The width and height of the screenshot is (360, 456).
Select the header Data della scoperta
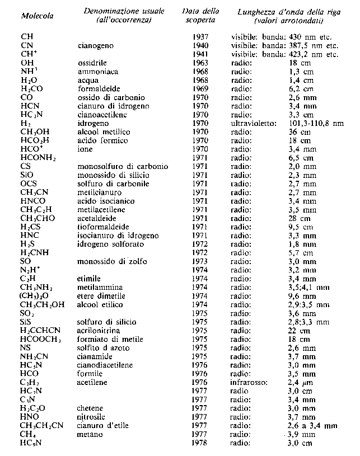[201, 16]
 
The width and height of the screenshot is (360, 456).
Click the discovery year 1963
[200, 63]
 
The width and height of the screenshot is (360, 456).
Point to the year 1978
[200, 443]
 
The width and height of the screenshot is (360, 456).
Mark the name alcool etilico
[99, 305]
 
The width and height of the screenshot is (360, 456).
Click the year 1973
[200, 261]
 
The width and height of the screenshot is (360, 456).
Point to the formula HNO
[29, 417]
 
